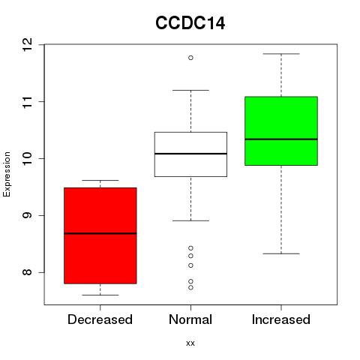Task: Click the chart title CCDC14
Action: coord(190,23)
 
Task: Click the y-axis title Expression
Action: coord(7,174)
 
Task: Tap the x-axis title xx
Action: coord(190,343)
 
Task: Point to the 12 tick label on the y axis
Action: coord(28,45)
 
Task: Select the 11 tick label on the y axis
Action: coord(28,101)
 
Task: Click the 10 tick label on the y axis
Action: coord(28,158)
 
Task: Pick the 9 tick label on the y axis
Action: coord(28,215)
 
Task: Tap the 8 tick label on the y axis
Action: coord(28,272)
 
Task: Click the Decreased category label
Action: coord(100,319)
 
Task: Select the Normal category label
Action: coord(190,319)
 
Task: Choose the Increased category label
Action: coord(281,319)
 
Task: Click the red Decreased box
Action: coord(100,235)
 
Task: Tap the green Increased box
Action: coord(281,130)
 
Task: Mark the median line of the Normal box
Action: coord(190,154)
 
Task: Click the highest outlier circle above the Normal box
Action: coord(190,58)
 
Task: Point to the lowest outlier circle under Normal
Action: coord(190,288)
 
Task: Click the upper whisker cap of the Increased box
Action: coord(281,54)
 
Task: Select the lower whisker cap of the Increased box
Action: coord(281,253)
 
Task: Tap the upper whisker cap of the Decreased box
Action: coord(100,180)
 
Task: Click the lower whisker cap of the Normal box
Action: coord(190,220)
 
